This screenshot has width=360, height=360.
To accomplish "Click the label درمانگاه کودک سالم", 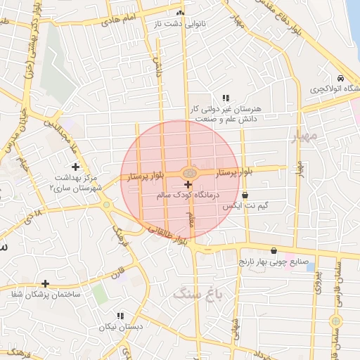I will (186, 194).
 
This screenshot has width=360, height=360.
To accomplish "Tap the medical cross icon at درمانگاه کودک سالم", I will (188, 184).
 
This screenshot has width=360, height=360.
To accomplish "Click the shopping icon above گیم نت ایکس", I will (245, 195).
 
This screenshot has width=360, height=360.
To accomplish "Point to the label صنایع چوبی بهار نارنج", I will (274, 262).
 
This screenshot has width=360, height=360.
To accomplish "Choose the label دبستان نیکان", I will (120, 327).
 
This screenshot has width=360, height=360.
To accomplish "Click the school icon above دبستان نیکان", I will (120, 316).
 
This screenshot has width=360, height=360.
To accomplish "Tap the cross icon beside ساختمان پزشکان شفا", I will (46, 283).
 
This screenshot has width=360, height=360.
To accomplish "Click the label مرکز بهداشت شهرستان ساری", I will (77, 183).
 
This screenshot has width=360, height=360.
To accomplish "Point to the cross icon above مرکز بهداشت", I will (76, 166).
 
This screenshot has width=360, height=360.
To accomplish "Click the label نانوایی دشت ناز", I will (181, 24).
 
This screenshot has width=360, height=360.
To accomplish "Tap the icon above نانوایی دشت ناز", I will (181, 13).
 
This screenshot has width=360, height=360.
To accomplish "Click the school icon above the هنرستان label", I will (225, 98).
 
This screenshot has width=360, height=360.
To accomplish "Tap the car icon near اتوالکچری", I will (340, 79).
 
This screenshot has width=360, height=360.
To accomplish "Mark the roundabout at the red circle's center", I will (190, 172).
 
